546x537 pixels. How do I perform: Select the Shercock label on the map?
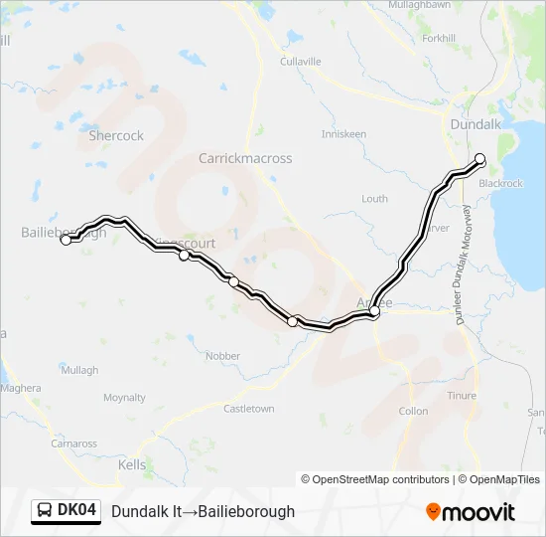(116, 135)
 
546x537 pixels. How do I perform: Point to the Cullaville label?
(301, 62)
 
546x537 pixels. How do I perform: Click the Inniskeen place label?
(343, 134)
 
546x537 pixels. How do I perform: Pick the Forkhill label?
(438, 39)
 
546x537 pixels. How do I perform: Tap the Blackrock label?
(500, 184)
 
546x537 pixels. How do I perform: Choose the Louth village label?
(374, 199)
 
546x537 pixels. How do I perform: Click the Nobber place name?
(222, 356)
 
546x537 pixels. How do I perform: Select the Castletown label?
(248, 409)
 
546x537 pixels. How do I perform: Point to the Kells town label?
(132, 464)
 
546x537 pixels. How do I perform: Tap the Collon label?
(413, 411)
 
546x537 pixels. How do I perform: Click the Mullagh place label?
(79, 370)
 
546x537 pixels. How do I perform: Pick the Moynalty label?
(124, 398)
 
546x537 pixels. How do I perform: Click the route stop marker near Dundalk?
(479, 158)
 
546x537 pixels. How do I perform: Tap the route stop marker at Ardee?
(374, 312)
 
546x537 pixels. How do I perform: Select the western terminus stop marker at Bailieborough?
(67, 240)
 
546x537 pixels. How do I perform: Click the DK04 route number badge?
(68, 511)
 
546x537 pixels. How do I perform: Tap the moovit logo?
(471, 512)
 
